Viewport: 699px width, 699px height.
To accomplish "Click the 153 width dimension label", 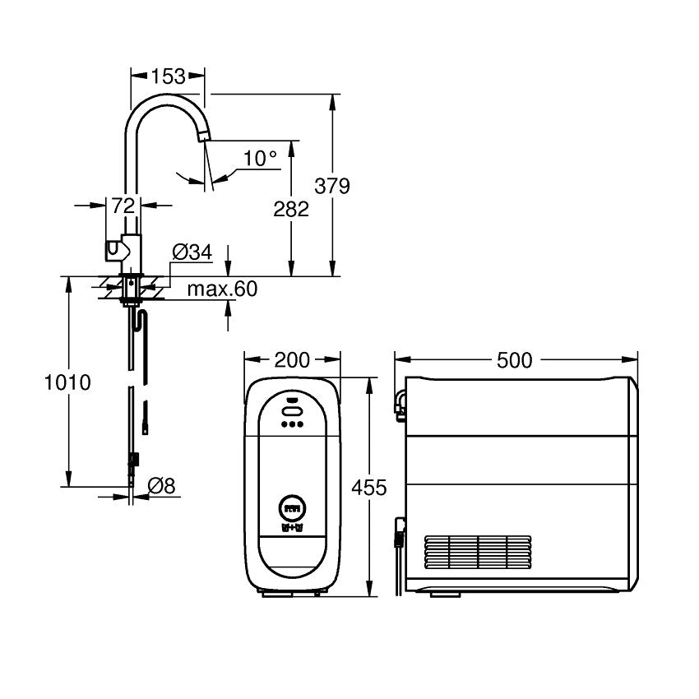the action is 168,76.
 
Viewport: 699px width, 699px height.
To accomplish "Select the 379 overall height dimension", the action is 332,186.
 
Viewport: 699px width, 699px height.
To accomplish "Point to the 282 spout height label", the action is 291,209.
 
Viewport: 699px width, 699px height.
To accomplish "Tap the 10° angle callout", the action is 260,158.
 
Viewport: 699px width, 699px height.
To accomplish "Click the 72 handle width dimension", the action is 123,206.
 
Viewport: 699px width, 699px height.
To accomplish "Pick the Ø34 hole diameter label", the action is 192,252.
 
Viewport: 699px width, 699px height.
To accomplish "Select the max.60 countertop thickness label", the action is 223,289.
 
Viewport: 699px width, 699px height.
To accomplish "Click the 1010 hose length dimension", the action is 67,382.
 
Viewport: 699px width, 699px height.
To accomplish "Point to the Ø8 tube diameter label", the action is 161,485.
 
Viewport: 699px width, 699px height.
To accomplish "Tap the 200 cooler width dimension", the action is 292,359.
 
